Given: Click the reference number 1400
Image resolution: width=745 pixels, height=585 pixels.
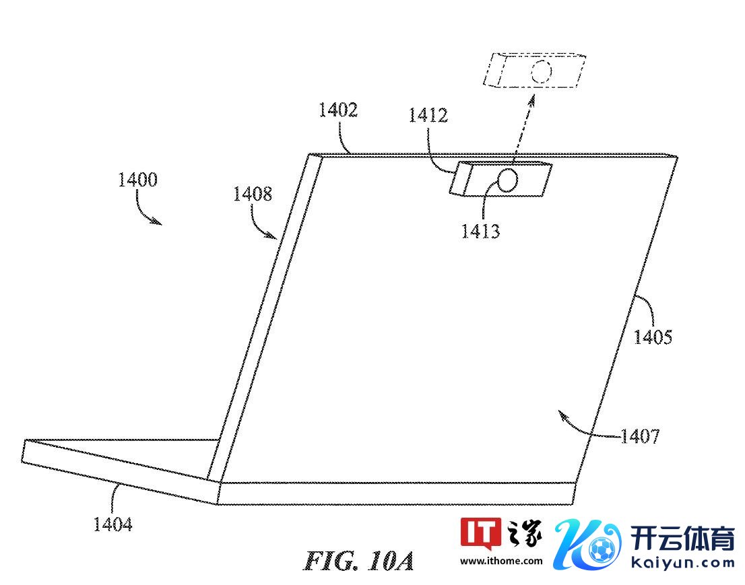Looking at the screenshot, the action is [x=138, y=180].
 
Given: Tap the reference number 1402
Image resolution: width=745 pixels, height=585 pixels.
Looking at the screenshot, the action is [x=338, y=110].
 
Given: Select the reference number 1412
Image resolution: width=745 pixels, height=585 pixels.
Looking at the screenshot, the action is [x=428, y=115].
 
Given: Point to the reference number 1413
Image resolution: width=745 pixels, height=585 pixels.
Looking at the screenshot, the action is [x=480, y=232].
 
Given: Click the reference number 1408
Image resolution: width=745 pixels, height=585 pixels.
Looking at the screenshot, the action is [x=253, y=194].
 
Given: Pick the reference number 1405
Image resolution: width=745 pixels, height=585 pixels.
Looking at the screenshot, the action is [x=653, y=337].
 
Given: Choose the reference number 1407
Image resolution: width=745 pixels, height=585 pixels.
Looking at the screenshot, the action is [x=640, y=436].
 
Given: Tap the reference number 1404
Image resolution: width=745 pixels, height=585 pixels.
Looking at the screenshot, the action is [x=112, y=524].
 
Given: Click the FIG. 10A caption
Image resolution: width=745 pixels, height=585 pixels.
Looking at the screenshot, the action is [x=359, y=561].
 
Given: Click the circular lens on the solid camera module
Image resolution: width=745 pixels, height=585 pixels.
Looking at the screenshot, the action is [x=507, y=180].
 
